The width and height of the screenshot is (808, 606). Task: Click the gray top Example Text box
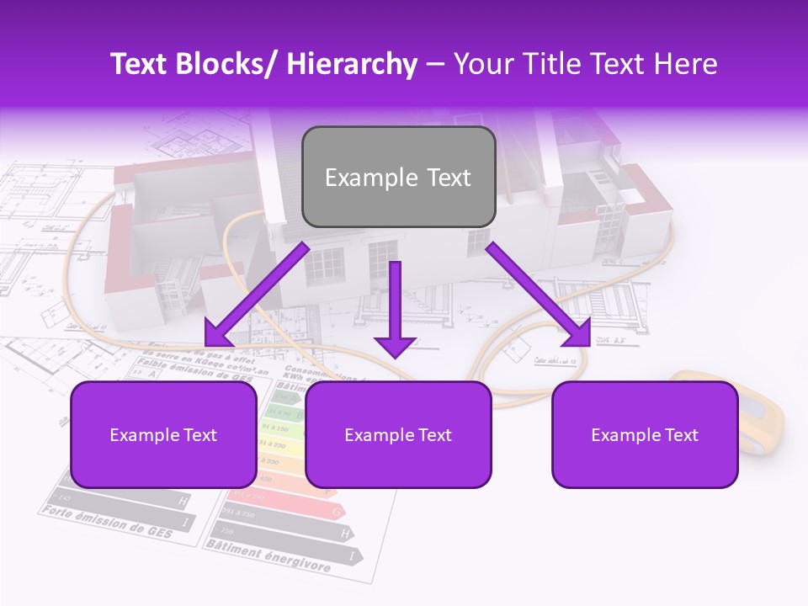pyautogui.click(x=398, y=177)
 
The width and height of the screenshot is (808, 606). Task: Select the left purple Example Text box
pyautogui.click(x=163, y=434)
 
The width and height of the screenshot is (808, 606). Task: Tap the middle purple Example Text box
pyautogui.click(x=398, y=434)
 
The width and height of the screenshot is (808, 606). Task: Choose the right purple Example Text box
pyautogui.click(x=645, y=434)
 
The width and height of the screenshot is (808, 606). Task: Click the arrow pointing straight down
pyautogui.click(x=395, y=311)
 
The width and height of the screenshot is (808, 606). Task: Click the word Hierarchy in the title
pyautogui.click(x=351, y=64)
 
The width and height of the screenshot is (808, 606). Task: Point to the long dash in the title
pyautogui.click(x=435, y=64)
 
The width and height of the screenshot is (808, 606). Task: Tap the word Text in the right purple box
pyautogui.click(x=680, y=435)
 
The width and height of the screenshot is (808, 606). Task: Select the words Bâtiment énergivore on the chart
pyautogui.click(x=268, y=555)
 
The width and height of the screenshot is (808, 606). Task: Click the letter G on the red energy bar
pyautogui.click(x=336, y=511)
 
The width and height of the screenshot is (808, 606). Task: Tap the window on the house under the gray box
pyautogui.click(x=325, y=267)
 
